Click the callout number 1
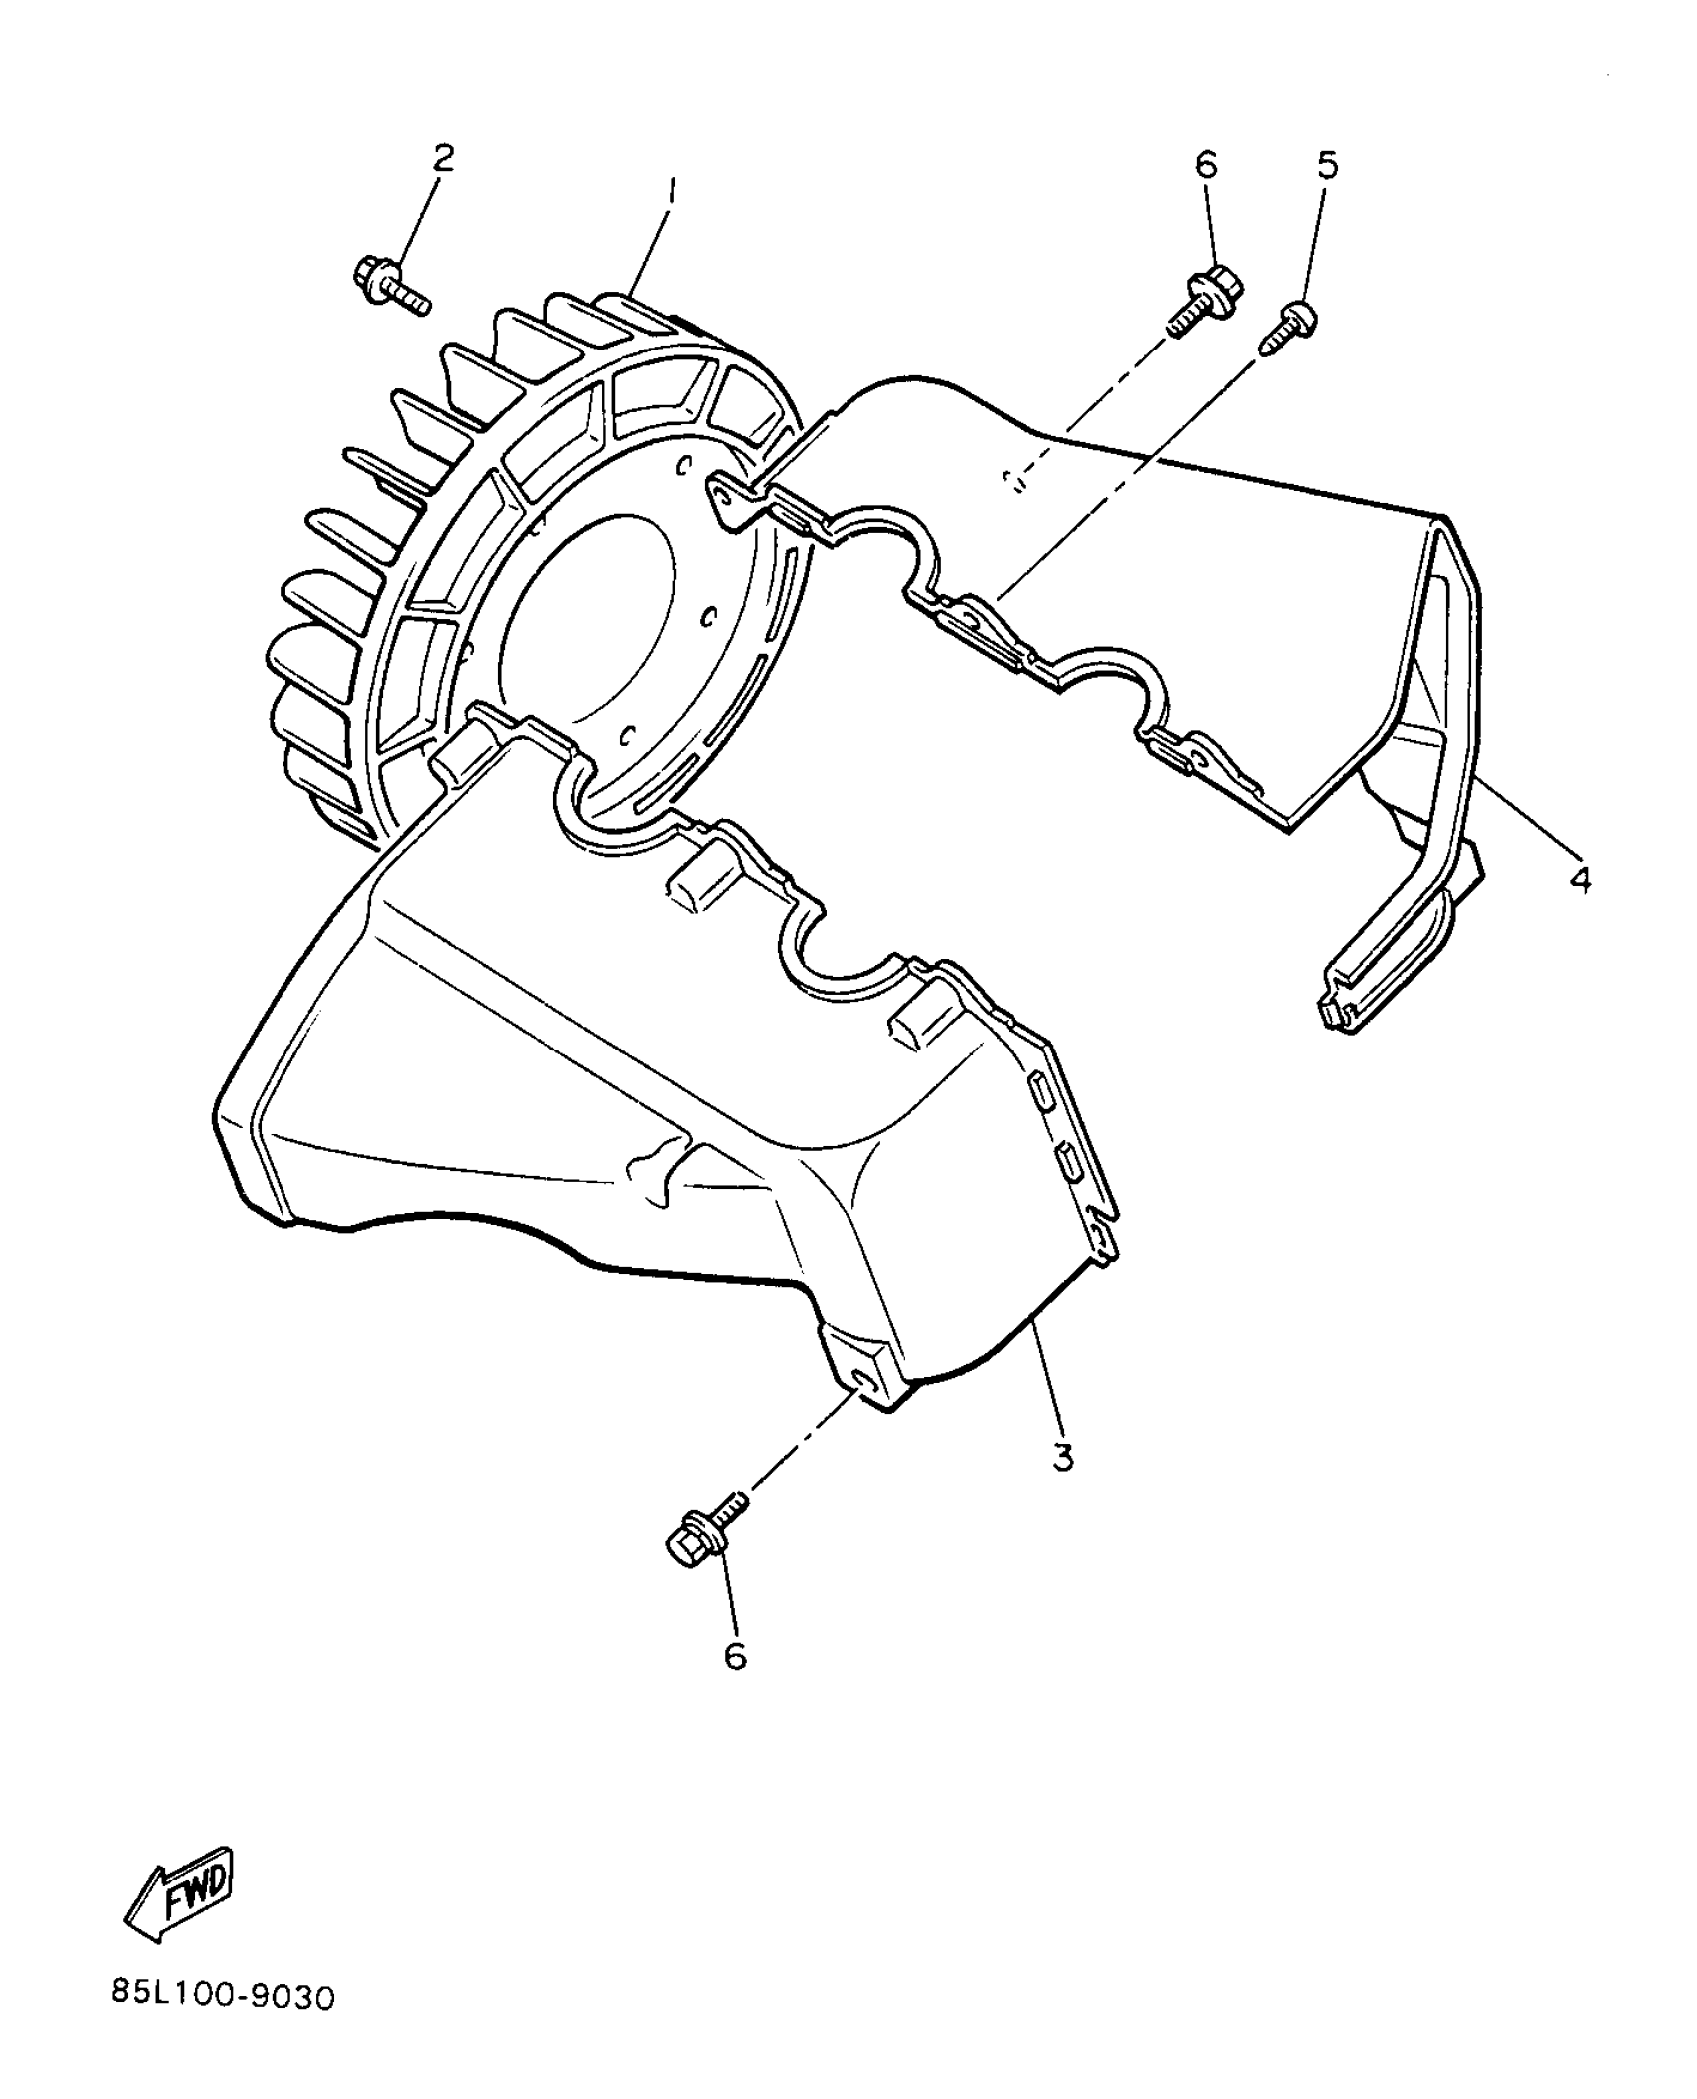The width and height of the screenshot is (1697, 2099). [672, 191]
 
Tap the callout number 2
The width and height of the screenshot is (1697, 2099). [442, 157]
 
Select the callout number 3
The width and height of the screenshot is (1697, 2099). [1063, 1457]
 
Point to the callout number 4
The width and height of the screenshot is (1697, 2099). [1580, 879]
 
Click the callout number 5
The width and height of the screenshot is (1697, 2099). [1327, 165]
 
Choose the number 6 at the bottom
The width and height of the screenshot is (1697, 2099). [735, 1656]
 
